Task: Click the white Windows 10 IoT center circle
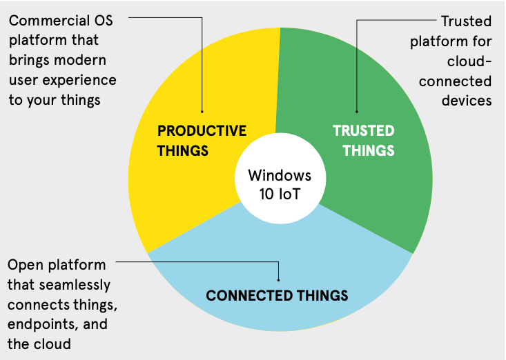[279, 183]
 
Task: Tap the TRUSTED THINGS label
[364, 140]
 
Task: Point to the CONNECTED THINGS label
[277, 297]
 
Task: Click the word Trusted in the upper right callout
[466, 21]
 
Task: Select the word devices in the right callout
[467, 101]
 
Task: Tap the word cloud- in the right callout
[470, 61]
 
